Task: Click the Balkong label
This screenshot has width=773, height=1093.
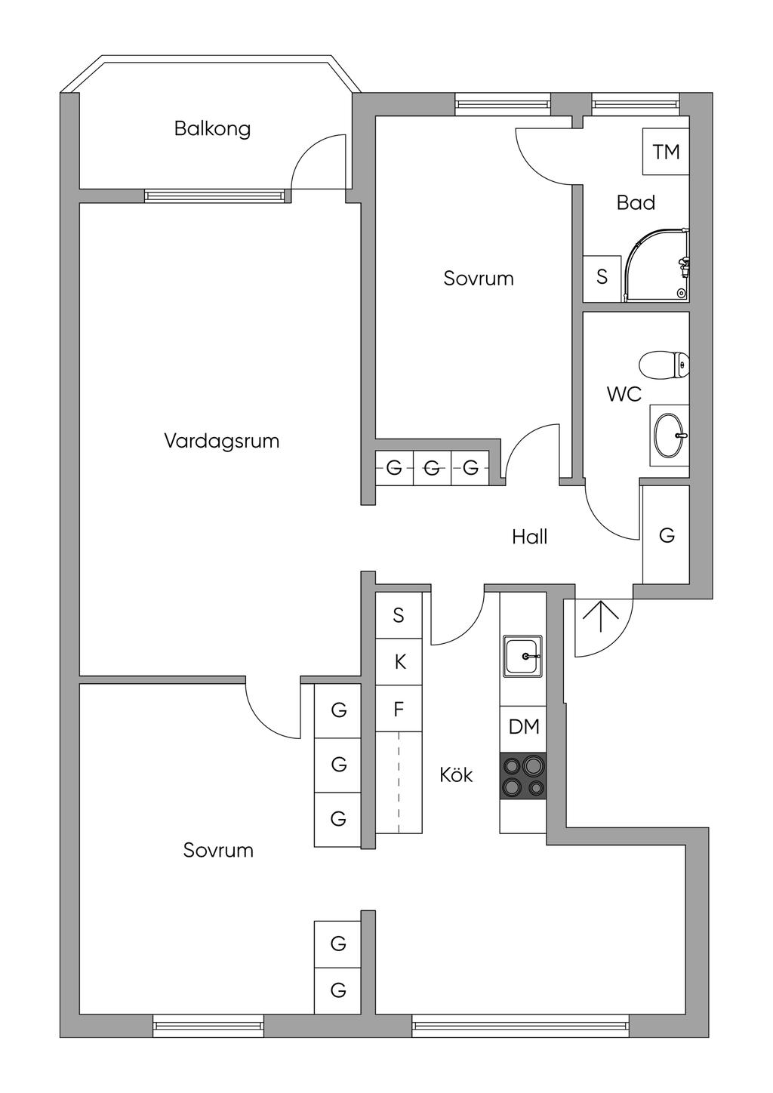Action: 212,129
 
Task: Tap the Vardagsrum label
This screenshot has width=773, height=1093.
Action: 221,441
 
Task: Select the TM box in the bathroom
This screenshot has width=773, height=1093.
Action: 666,152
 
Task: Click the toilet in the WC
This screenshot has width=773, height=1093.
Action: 664,365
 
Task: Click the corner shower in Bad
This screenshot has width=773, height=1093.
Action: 657,265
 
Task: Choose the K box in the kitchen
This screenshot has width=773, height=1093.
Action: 399,662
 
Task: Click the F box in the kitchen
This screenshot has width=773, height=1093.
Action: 399,709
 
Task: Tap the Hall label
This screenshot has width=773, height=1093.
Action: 529,537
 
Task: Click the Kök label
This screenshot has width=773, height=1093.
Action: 456,775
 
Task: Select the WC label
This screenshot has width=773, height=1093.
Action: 624,394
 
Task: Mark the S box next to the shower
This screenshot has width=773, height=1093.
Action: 602,278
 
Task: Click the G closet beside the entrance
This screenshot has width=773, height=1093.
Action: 666,534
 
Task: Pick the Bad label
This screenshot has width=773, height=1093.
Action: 636,202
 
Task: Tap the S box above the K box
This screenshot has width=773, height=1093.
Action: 399,614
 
